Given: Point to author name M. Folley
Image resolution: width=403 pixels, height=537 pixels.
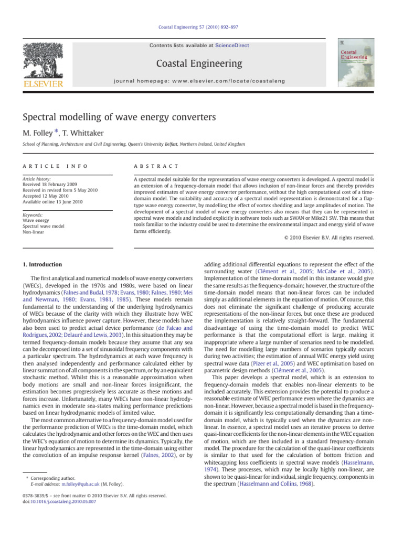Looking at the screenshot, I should pos(37,132).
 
